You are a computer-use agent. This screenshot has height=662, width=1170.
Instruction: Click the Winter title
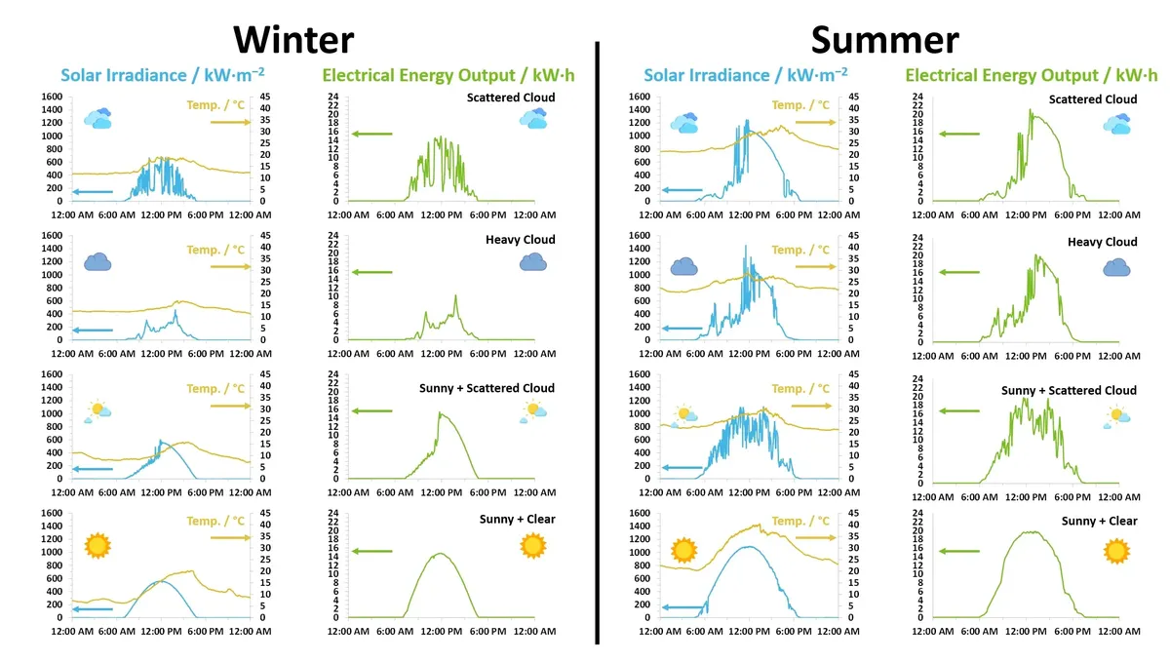tap(293, 39)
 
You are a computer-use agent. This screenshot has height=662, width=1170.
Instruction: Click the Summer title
tap(884, 39)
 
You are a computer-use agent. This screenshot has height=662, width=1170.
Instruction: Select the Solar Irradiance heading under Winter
tap(162, 75)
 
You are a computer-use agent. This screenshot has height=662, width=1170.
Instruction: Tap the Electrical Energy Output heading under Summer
tap(1032, 75)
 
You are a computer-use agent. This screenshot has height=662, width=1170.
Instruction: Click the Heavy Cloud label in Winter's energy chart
tap(520, 240)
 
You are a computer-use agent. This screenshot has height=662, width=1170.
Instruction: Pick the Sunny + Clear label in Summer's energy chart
tap(1099, 521)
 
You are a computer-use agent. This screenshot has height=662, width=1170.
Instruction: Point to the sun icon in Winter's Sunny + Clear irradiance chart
tap(97, 546)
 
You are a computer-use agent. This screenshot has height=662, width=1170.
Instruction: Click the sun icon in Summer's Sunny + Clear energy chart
tap(1117, 551)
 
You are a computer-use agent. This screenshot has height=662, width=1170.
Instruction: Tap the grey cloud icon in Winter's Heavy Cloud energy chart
tap(532, 261)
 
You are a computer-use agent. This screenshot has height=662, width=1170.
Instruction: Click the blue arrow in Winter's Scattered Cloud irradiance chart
tap(93, 191)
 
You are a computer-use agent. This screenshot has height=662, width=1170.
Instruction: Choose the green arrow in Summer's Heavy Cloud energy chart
tap(959, 272)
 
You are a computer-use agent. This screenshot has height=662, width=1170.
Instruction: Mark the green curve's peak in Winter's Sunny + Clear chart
tap(440, 554)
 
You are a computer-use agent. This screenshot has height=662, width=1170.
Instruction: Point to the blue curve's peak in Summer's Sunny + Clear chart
tap(748, 546)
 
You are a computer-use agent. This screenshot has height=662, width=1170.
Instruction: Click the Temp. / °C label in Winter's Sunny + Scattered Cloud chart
tap(215, 389)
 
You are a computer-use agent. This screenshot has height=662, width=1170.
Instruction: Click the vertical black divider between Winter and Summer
tap(596, 341)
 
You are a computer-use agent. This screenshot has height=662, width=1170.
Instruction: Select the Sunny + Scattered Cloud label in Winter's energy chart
tap(487, 388)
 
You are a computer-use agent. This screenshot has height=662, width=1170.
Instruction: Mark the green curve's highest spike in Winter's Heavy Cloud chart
tap(455, 295)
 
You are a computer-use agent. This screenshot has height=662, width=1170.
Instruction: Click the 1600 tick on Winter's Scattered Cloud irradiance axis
tap(51, 97)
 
